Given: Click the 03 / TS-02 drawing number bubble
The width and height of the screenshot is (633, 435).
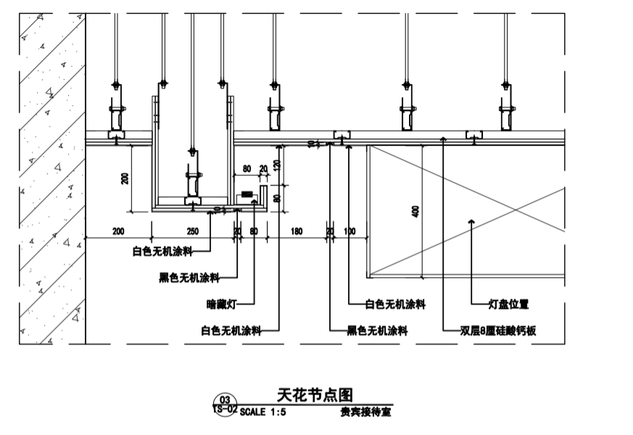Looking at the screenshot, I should (225, 405).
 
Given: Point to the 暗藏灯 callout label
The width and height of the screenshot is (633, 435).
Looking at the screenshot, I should (221, 304).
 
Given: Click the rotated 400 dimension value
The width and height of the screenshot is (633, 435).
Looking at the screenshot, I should (415, 210).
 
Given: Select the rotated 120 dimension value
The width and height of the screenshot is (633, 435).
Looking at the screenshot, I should (276, 165).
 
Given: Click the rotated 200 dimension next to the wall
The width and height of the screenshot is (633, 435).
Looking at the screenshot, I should (125, 178).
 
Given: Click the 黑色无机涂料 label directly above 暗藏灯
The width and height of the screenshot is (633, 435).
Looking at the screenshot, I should (189, 278).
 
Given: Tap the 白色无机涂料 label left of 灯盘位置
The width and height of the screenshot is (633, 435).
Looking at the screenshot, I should (395, 304).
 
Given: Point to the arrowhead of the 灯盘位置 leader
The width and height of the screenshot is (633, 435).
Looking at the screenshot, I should (472, 220).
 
